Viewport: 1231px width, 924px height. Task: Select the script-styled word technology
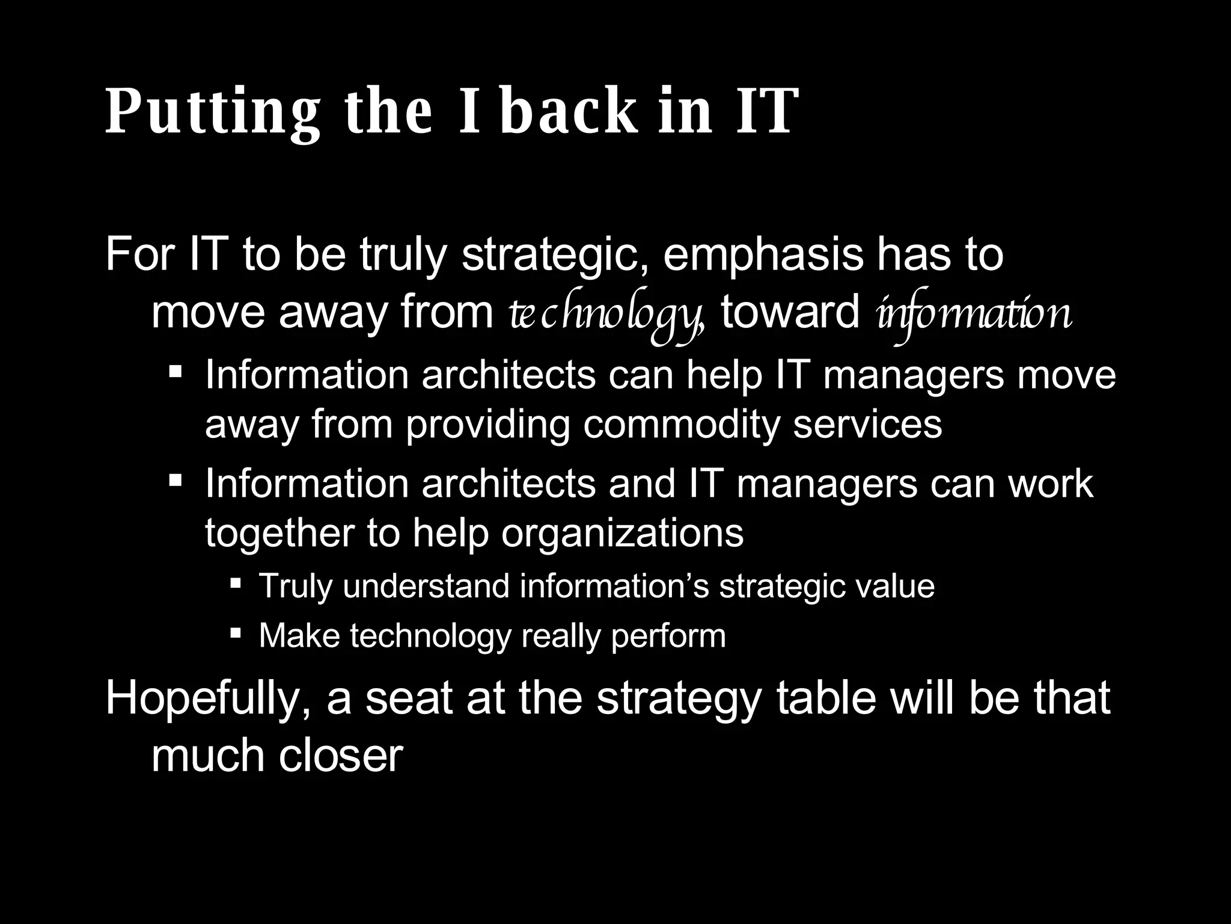click(604, 315)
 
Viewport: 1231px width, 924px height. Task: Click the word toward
click(790, 313)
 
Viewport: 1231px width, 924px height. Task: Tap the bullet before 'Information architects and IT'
click(176, 479)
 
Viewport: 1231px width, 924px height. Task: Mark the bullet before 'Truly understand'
click(236, 583)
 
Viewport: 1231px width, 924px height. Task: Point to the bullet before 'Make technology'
click(236, 632)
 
